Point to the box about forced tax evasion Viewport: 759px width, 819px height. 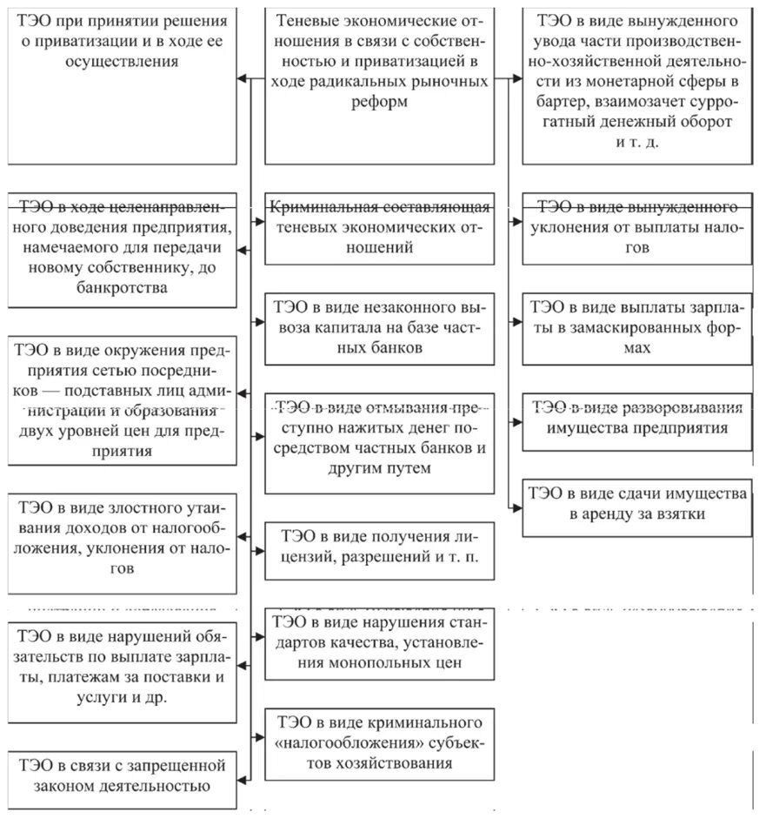click(637, 228)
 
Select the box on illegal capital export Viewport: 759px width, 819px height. click(378, 328)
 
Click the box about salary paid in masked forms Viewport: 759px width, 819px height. click(637, 328)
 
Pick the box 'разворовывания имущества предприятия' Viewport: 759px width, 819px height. click(637, 418)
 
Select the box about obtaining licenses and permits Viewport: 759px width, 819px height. click(378, 545)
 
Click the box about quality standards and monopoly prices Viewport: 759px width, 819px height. click(378, 643)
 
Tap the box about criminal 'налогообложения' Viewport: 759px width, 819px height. click(378, 742)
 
